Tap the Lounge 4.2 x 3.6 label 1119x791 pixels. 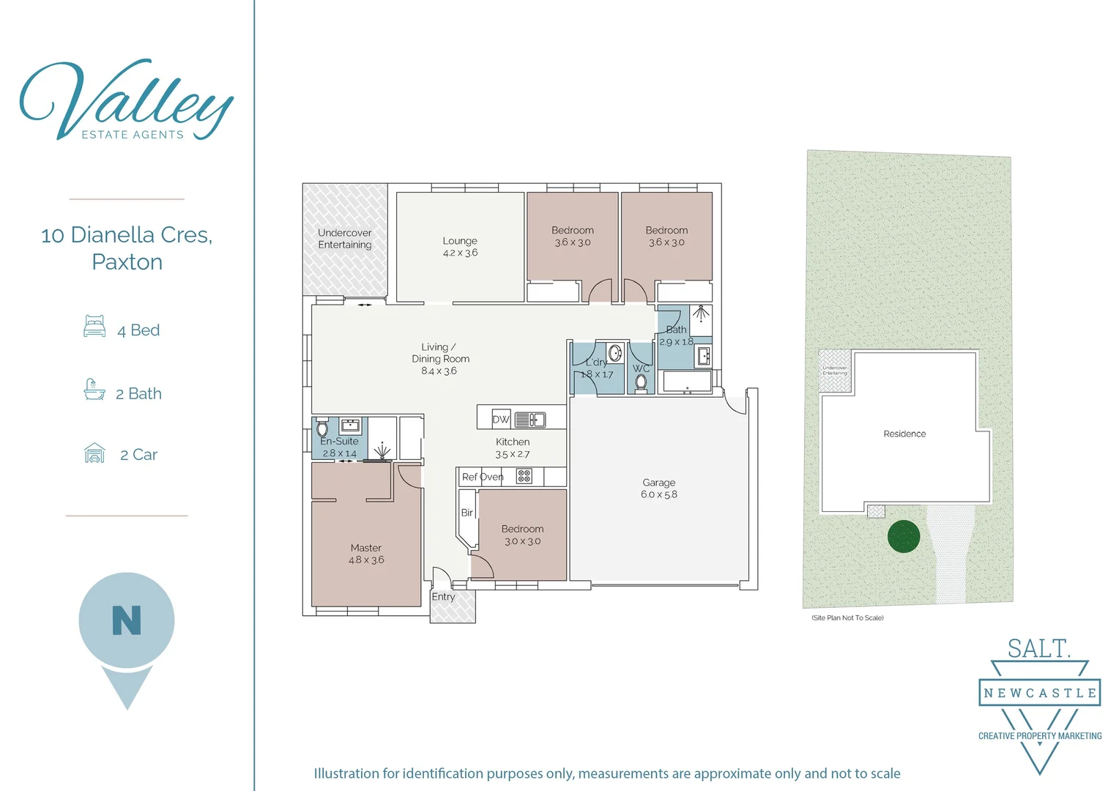(460, 247)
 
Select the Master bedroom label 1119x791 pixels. (365, 554)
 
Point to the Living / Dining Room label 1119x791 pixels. (439, 359)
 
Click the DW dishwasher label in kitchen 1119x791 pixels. (501, 420)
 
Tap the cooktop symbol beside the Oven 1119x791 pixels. (524, 477)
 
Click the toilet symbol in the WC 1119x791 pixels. (641, 382)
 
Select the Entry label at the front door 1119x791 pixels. (443, 597)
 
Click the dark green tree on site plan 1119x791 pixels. (903, 536)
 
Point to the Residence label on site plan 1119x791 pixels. (904, 434)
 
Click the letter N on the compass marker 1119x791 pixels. (127, 620)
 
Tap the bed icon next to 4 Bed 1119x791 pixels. (94, 326)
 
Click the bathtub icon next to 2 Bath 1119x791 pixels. (94, 390)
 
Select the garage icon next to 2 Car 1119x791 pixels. (94, 453)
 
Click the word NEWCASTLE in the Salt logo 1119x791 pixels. (1039, 693)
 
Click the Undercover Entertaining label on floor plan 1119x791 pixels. (345, 239)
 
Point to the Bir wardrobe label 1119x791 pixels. (466, 513)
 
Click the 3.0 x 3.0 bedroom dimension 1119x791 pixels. (522, 541)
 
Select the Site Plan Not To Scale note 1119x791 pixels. (847, 617)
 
